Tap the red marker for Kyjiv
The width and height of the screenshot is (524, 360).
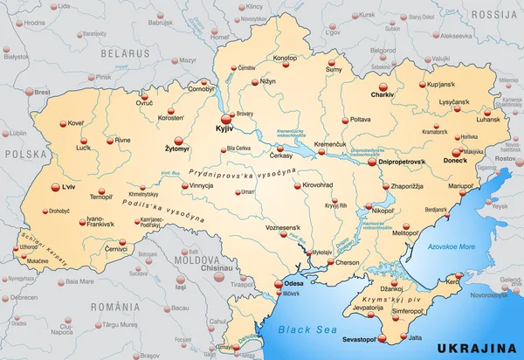(225, 118)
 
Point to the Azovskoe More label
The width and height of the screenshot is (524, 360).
(452, 247)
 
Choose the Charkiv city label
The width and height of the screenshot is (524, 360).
(358, 93)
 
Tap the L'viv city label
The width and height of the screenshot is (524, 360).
(64, 186)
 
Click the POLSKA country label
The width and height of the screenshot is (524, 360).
(23, 153)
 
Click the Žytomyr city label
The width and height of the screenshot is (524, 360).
(176, 149)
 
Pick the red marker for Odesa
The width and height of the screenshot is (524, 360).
(279, 284)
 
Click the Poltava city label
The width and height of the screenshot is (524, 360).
(361, 119)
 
